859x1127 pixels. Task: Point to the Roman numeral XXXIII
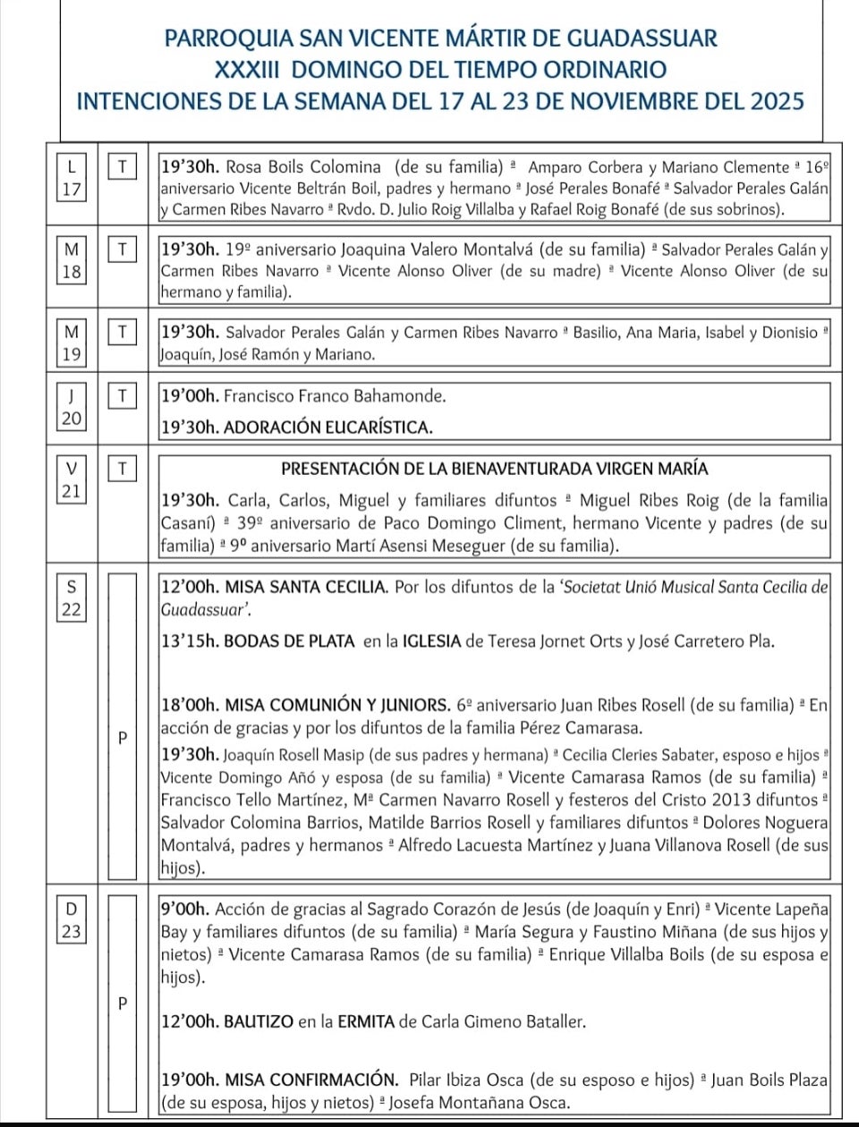(248, 70)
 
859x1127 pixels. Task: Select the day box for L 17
(72, 177)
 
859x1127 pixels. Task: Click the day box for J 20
(72, 407)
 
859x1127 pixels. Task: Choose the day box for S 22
(72, 598)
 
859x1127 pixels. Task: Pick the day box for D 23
(72, 919)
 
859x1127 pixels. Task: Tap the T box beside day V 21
(123, 468)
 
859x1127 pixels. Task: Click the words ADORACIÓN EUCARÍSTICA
(327, 428)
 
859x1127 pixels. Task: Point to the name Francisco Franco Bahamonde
(335, 395)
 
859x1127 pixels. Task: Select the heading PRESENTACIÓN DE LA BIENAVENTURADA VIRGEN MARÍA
(494, 469)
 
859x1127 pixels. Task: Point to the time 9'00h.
(185, 909)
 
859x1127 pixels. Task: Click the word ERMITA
(366, 1021)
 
